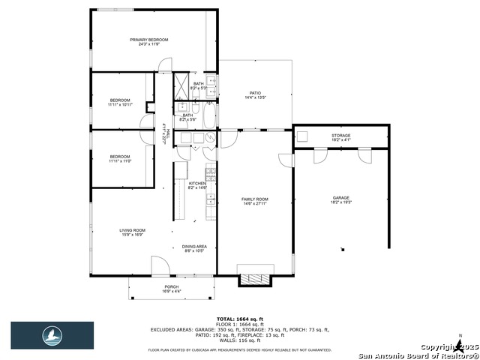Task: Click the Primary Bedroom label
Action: (x=148, y=42)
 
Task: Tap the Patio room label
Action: (x=255, y=95)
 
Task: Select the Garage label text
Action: (x=341, y=200)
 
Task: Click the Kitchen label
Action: (x=196, y=185)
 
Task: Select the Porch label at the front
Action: (x=172, y=289)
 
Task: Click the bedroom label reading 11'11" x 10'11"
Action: (x=120, y=102)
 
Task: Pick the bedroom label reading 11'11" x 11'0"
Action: (x=120, y=158)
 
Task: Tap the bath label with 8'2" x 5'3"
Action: (x=199, y=85)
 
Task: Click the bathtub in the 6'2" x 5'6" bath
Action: (x=209, y=117)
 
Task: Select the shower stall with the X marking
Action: (x=182, y=84)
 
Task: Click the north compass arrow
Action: (x=459, y=345)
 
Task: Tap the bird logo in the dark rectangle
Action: (x=52, y=334)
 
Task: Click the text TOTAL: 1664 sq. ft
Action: (x=240, y=319)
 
